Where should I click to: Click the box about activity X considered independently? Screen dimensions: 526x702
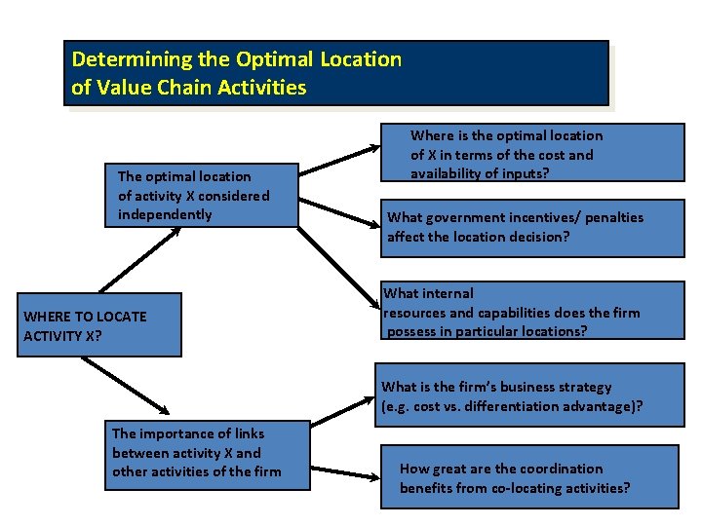201,195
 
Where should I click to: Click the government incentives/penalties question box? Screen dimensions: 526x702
532,228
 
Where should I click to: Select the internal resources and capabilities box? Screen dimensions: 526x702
531,313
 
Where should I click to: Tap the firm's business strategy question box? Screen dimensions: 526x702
531,396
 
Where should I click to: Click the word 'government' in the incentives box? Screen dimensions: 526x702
456,218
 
